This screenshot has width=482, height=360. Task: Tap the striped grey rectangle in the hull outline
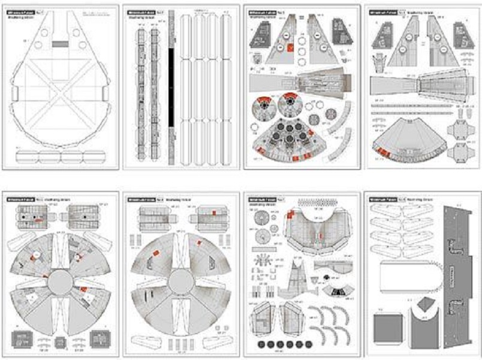59,44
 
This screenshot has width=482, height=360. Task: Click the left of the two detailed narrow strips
140,90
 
